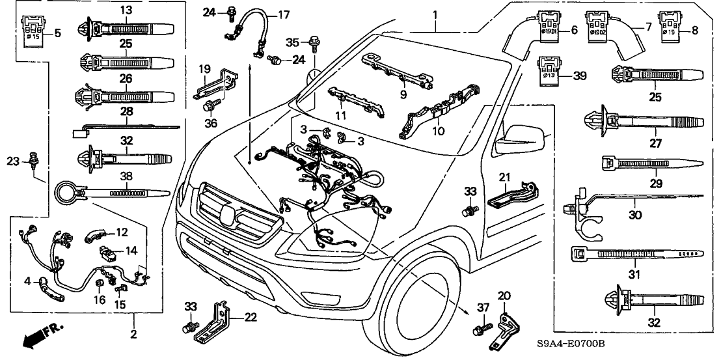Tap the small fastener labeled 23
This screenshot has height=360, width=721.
point(34,158)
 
